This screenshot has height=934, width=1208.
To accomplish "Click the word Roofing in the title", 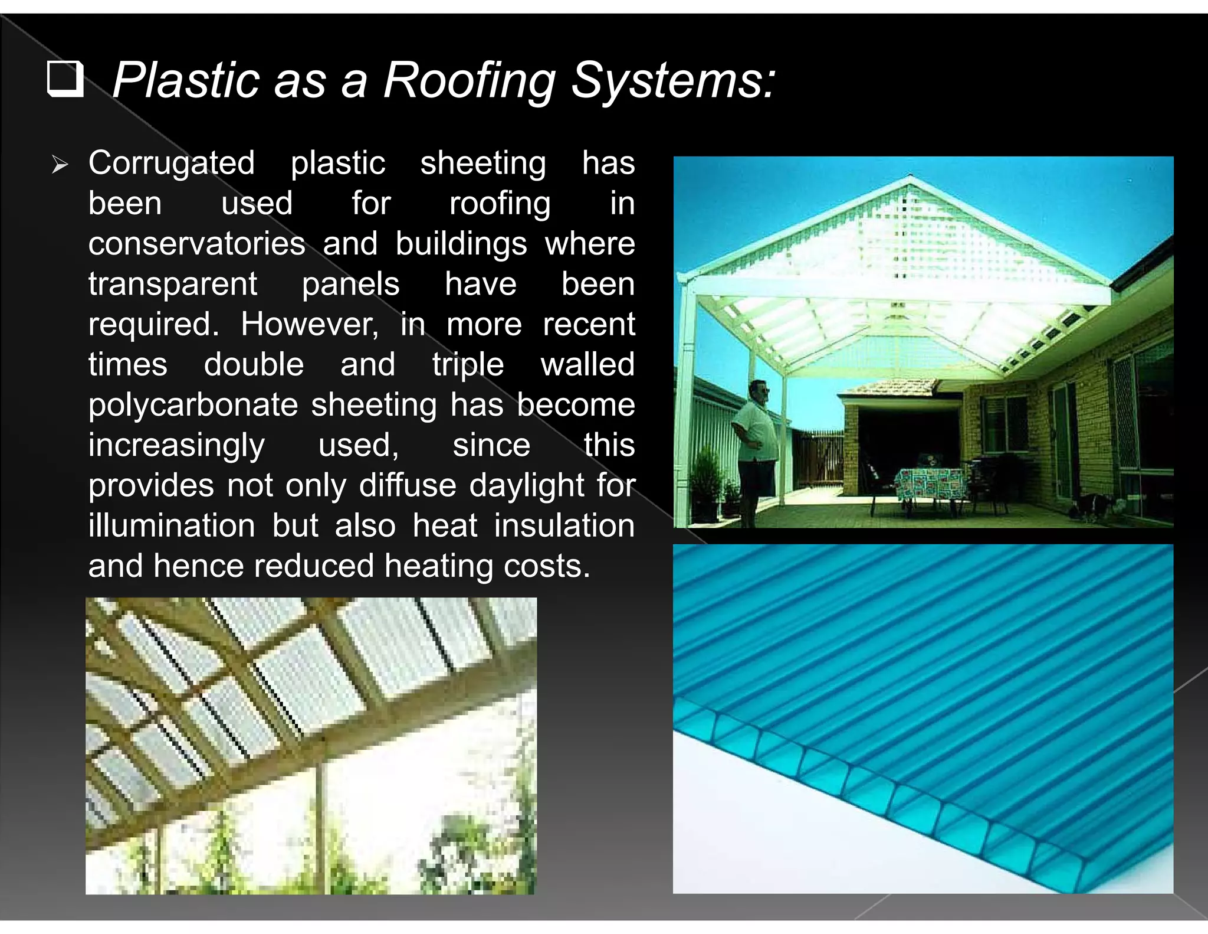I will tap(469, 80).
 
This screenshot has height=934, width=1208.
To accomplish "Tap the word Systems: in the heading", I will tap(673, 80).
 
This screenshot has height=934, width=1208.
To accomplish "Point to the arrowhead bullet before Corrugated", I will tap(60, 164).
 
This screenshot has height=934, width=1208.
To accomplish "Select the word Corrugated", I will tap(171, 163).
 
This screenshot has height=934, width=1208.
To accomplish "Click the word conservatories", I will tap(196, 244).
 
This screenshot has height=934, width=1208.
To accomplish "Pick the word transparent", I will tap(172, 285).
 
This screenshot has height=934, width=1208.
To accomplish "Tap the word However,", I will tap(310, 324).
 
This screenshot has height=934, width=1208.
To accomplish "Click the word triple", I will tap(468, 365).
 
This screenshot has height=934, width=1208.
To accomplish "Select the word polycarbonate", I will tap(193, 406).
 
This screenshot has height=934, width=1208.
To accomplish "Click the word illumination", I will tap(172, 525).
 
